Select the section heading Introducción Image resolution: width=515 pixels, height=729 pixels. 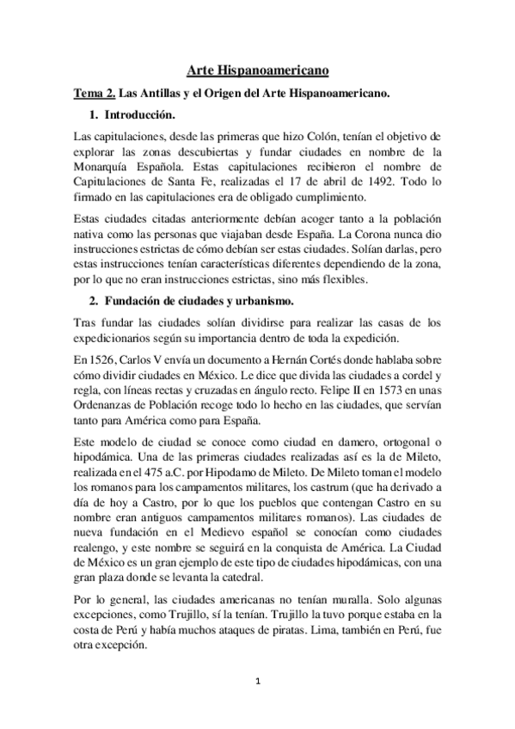coord(141,114)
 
